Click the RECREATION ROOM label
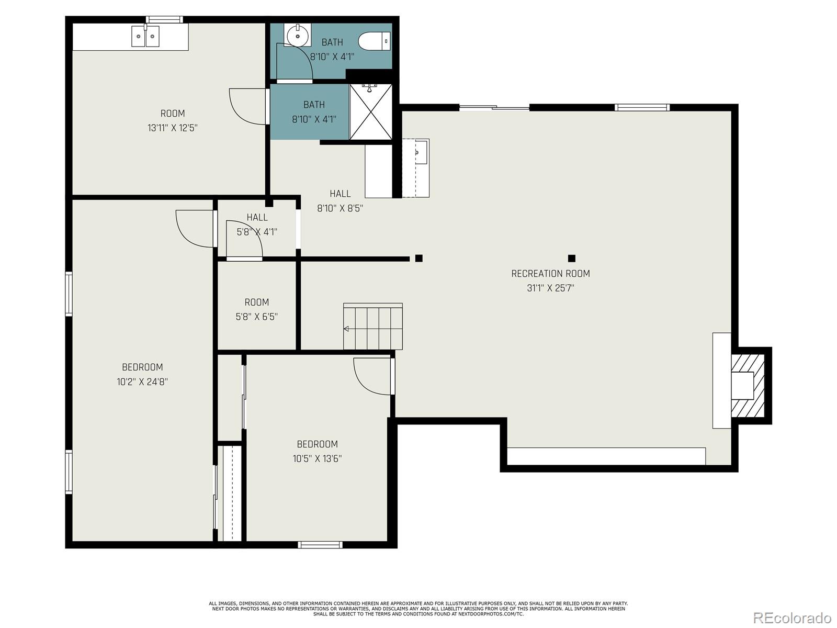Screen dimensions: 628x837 [x=550, y=273]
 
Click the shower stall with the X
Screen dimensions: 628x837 [x=370, y=111]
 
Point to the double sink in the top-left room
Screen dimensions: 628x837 [x=145, y=36]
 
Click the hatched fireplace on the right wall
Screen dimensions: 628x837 [x=748, y=386]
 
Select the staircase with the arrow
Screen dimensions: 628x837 [x=372, y=327]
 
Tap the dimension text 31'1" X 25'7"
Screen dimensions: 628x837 [x=550, y=288]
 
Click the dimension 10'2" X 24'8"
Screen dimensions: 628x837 [x=142, y=382]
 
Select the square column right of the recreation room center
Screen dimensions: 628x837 [x=571, y=258]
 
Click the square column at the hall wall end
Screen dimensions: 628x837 [x=418, y=258]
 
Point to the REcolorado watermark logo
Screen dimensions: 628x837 [x=791, y=618]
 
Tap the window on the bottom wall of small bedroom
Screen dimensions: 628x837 [x=320, y=545]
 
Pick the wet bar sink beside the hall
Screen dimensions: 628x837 [x=417, y=152]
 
